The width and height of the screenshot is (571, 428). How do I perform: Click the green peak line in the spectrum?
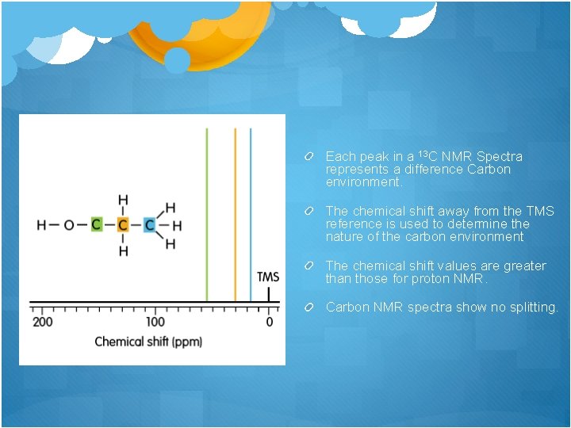(206, 214)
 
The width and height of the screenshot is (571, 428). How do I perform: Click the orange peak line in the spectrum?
(235, 214)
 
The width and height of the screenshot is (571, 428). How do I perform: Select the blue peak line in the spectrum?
(251, 214)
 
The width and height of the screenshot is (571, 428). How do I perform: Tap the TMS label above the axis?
(268, 277)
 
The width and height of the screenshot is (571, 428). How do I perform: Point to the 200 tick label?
(43, 323)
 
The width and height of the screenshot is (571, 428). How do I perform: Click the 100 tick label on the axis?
(155, 323)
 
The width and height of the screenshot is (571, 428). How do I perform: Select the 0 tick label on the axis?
(269, 323)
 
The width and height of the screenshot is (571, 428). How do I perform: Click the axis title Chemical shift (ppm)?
(148, 342)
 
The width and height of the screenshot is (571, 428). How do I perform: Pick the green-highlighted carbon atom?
(96, 225)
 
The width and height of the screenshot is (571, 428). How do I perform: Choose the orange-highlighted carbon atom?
(123, 225)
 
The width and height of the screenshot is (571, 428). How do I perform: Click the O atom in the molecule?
(69, 225)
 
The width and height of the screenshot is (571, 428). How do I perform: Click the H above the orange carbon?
(123, 200)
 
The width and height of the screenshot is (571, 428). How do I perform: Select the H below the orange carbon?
(123, 251)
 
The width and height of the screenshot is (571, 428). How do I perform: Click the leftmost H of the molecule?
(41, 225)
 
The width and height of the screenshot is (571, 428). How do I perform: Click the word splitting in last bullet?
(534, 307)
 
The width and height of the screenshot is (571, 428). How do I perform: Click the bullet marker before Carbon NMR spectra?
(315, 307)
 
